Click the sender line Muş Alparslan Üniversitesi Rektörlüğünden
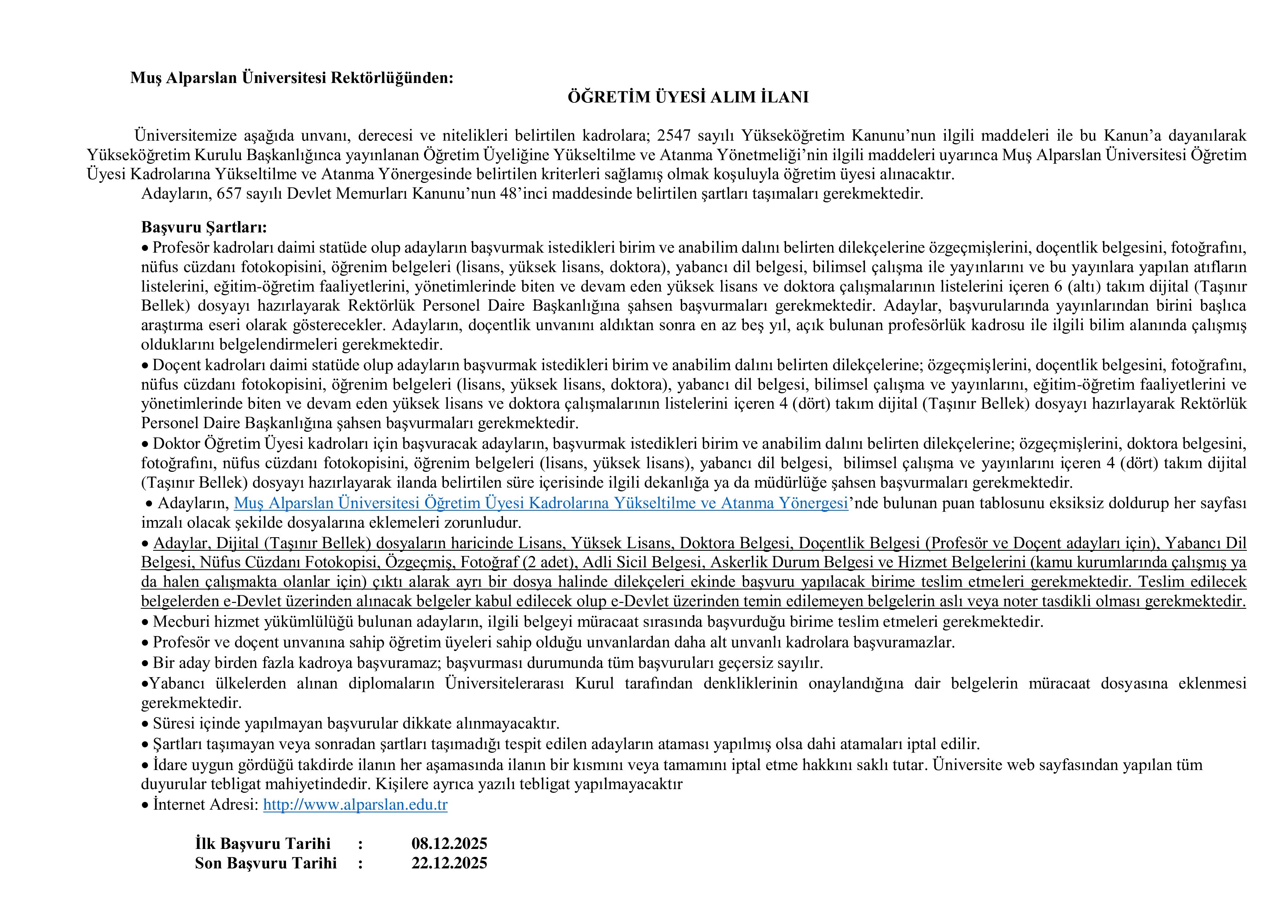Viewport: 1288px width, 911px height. click(x=292, y=77)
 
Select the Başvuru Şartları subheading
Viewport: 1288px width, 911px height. click(x=204, y=227)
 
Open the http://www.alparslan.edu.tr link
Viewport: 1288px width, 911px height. click(x=355, y=805)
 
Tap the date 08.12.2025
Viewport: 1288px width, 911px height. click(x=449, y=843)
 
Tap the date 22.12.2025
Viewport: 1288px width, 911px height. click(x=449, y=863)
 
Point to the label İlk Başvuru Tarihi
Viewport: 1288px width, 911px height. click(x=263, y=843)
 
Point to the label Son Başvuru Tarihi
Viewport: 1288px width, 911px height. click(x=265, y=863)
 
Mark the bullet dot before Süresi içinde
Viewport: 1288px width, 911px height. click(x=145, y=724)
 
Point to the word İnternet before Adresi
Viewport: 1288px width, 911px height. click(x=178, y=805)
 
